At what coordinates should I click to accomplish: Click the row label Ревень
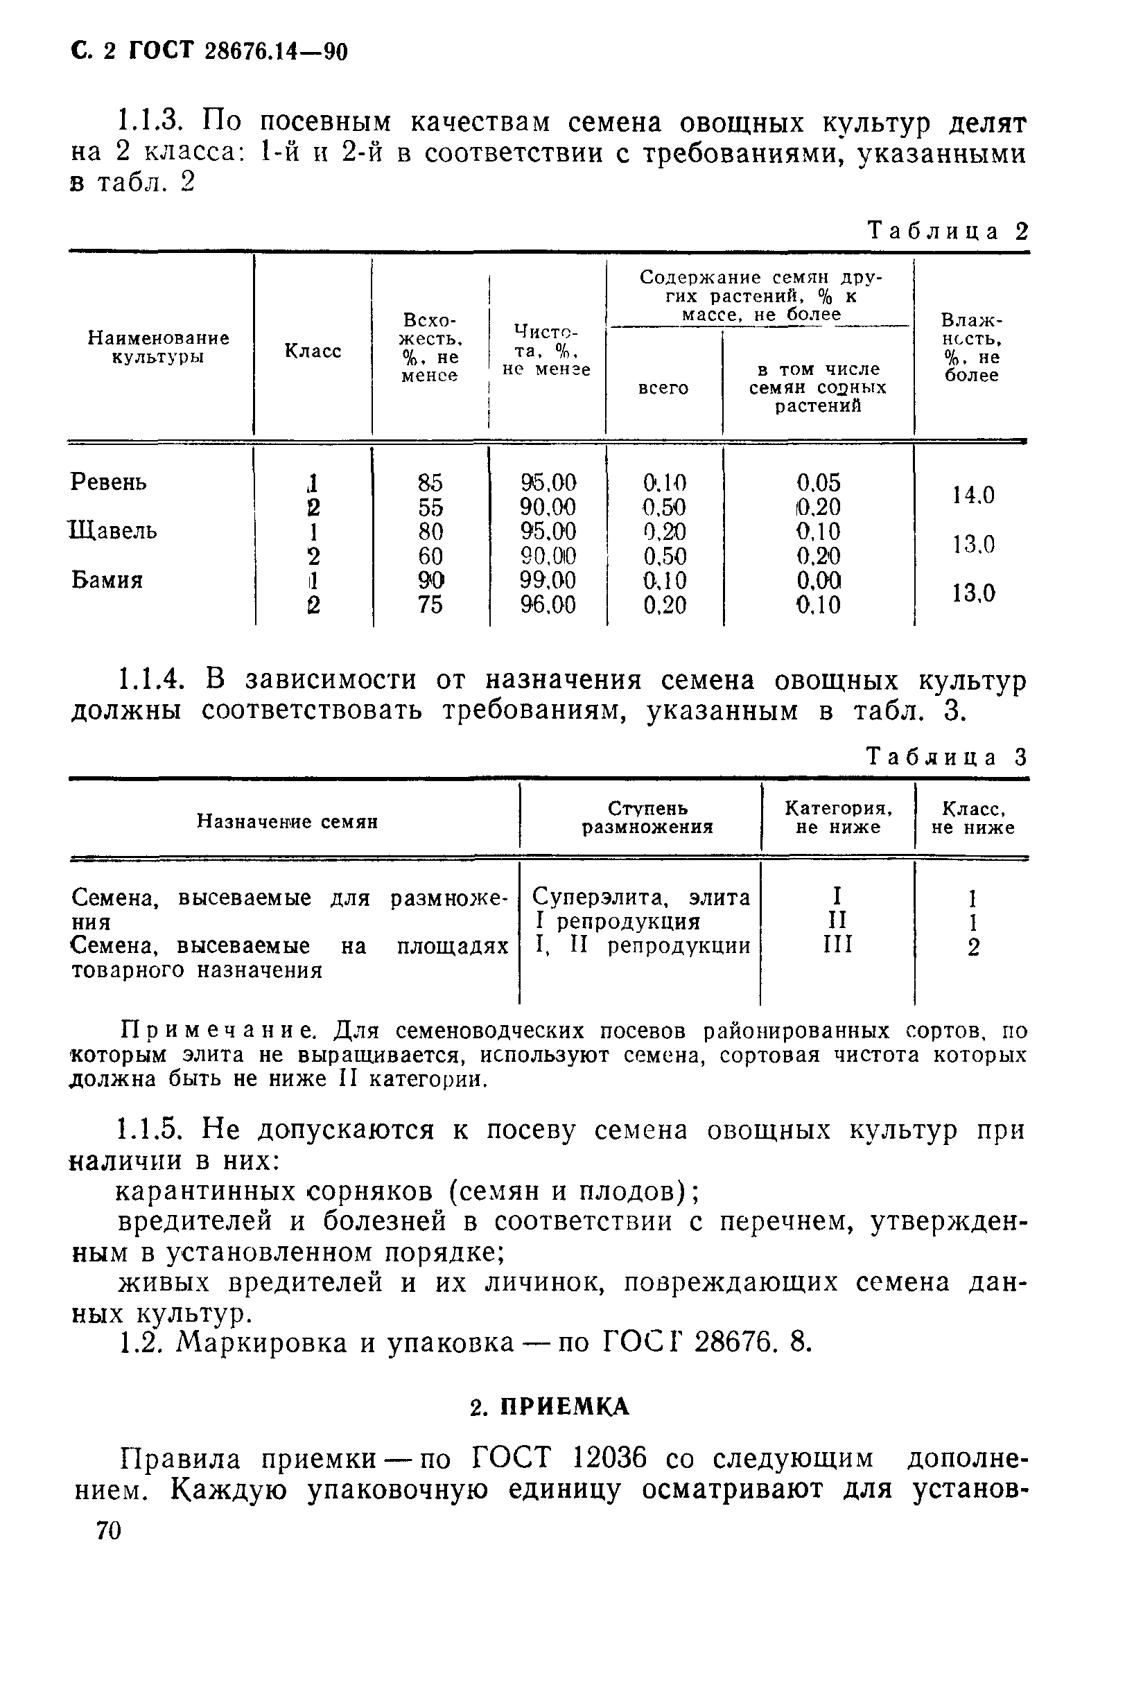108,482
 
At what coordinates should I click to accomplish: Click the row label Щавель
114,531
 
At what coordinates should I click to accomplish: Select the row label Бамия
107,579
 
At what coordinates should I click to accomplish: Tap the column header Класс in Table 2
313,351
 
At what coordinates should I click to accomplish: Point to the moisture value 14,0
973,495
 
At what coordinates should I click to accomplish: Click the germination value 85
430,482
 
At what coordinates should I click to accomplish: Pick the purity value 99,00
548,579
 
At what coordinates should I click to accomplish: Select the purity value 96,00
548,605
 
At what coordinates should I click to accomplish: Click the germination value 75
430,605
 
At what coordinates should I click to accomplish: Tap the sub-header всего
663,388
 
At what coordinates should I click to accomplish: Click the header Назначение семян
287,821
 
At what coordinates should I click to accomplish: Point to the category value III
837,945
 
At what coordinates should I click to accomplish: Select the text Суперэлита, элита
640,898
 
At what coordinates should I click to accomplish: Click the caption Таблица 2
948,231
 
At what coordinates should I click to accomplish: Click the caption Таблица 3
948,758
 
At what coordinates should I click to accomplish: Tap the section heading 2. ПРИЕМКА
550,1406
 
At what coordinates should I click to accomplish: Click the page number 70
108,1531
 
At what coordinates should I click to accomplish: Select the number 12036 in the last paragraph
611,1458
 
